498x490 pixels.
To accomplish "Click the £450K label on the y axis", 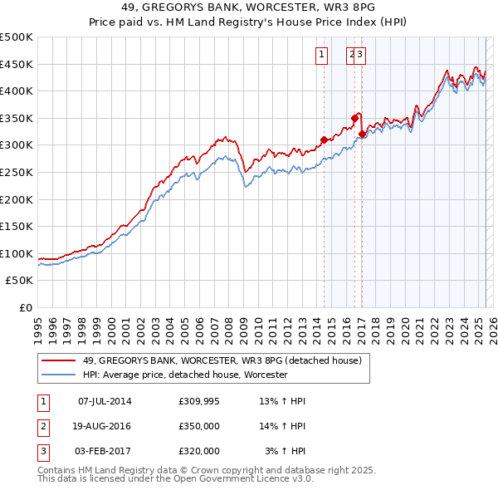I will (x=17, y=64).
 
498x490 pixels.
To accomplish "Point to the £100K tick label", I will (x=17, y=253).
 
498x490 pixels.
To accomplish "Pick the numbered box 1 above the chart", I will (x=320, y=56).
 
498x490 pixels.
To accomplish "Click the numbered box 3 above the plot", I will (x=361, y=56).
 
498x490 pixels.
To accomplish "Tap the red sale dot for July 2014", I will (x=324, y=140).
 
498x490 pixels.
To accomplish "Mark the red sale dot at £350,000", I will (x=354, y=118).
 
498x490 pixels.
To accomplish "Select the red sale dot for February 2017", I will (x=362, y=134).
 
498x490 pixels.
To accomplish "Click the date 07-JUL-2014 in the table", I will (x=105, y=402).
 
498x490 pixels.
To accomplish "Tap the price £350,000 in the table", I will (x=198, y=426).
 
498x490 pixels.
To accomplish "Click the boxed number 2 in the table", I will (x=42, y=426).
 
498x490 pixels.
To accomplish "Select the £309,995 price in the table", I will (x=198, y=402).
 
